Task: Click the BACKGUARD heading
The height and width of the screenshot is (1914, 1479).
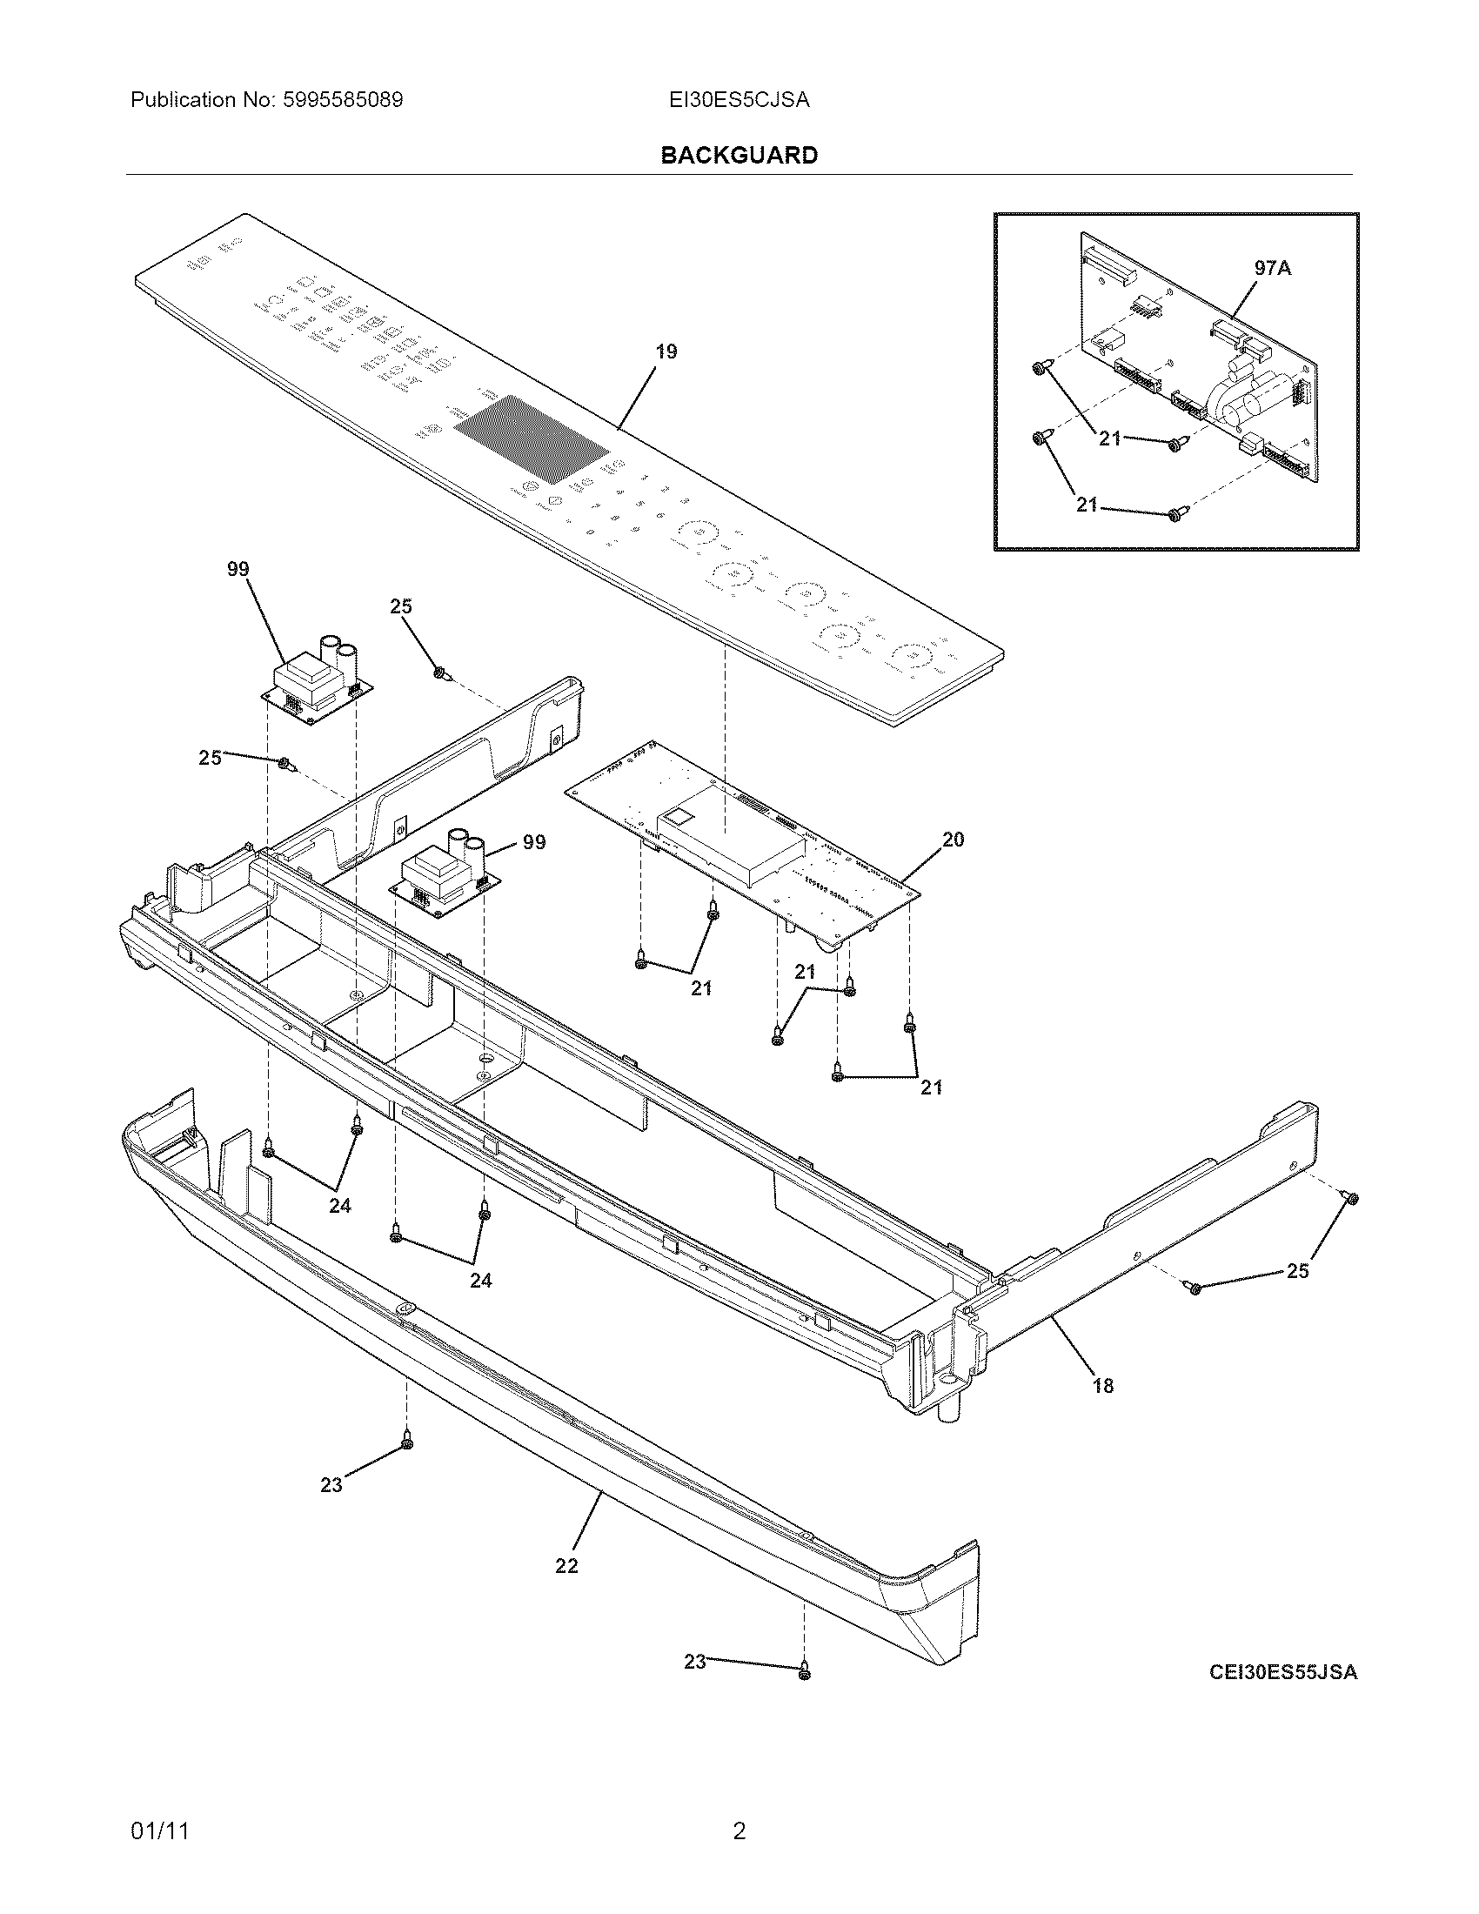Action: [739, 155]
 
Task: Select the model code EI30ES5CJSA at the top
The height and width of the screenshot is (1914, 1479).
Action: [739, 100]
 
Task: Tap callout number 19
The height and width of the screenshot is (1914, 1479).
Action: [666, 351]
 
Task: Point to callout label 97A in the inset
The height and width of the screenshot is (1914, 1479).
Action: [1272, 268]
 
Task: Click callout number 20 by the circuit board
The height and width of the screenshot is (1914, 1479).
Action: [953, 840]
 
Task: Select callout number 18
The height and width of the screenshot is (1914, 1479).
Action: [1102, 1386]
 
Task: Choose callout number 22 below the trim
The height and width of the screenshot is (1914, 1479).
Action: [566, 1565]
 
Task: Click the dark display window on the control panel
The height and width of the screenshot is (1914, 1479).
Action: [530, 441]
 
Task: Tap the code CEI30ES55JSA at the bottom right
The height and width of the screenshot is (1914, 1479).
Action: [1282, 1672]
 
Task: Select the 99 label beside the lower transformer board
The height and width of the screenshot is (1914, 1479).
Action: [533, 842]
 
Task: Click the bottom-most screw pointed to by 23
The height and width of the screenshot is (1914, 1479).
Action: [806, 1673]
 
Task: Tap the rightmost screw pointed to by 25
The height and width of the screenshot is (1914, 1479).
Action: [1352, 1197]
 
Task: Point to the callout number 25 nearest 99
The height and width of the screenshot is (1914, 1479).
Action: [401, 606]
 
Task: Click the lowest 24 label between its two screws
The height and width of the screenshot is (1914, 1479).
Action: [480, 1281]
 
